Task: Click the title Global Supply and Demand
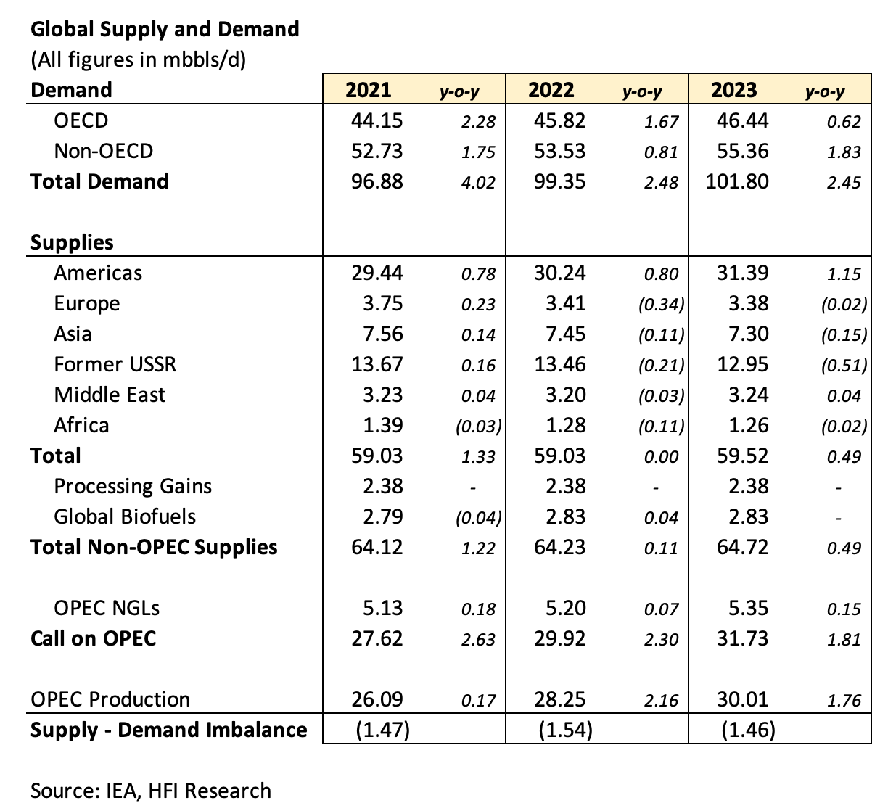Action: click(165, 29)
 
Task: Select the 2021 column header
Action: click(368, 90)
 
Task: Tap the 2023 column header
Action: click(733, 90)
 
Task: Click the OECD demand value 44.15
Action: click(377, 120)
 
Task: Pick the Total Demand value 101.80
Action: click(737, 181)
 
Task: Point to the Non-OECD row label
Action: click(104, 151)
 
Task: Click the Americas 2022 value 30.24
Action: click(559, 273)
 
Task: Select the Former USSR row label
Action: click(115, 364)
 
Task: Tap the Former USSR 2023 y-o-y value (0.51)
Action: click(844, 366)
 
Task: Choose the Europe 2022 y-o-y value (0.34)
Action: click(661, 305)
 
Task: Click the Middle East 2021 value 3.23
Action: click(382, 395)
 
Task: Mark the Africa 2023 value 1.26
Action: click(748, 425)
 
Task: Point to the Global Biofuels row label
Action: click(125, 516)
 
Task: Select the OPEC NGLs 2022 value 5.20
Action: click(565, 608)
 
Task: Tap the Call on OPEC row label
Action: click(94, 638)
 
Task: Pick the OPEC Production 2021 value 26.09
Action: click(377, 699)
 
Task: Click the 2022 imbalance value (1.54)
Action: click(565, 730)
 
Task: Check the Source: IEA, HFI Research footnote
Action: click(151, 791)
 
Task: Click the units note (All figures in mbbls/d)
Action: click(139, 59)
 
